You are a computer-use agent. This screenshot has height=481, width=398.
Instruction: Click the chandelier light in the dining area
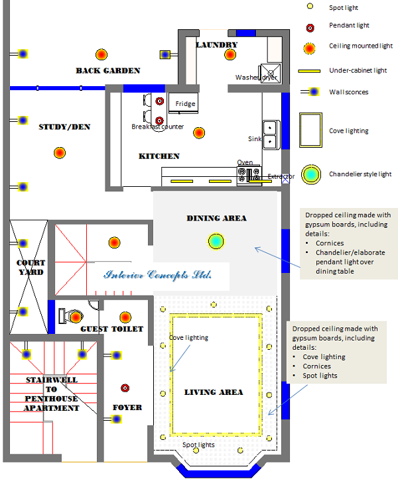pyautogui.click(x=216, y=242)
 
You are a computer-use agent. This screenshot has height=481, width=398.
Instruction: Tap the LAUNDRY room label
pyautogui.click(x=217, y=45)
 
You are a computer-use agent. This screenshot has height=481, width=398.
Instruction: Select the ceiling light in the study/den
pyautogui.click(x=60, y=153)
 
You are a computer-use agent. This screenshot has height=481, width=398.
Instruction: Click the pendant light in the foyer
pyautogui.click(x=124, y=388)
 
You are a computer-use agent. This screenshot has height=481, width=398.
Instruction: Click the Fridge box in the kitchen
pyautogui.click(x=185, y=103)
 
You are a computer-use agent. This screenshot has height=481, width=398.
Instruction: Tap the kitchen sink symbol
pyautogui.click(x=271, y=134)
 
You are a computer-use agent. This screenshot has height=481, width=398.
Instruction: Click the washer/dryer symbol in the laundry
pyautogui.click(x=270, y=73)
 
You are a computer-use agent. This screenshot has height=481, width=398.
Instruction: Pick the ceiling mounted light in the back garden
pyautogui.click(x=101, y=54)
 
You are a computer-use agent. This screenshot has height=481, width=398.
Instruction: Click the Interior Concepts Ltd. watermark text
pyautogui.click(x=158, y=275)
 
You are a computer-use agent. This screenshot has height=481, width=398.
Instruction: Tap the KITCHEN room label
pyautogui.click(x=159, y=156)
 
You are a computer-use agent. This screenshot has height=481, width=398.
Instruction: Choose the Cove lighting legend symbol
pyautogui.click(x=309, y=131)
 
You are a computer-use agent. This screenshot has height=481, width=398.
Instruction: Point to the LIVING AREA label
pyautogui.click(x=214, y=392)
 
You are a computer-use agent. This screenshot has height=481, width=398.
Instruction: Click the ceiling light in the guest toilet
pyautogui.click(x=124, y=315)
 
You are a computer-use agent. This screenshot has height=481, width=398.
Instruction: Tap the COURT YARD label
pyautogui.click(x=31, y=268)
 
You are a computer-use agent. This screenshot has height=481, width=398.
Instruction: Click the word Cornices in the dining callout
pyautogui.click(x=330, y=243)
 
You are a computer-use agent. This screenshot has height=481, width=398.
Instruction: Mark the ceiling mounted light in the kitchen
pyautogui.click(x=198, y=133)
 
